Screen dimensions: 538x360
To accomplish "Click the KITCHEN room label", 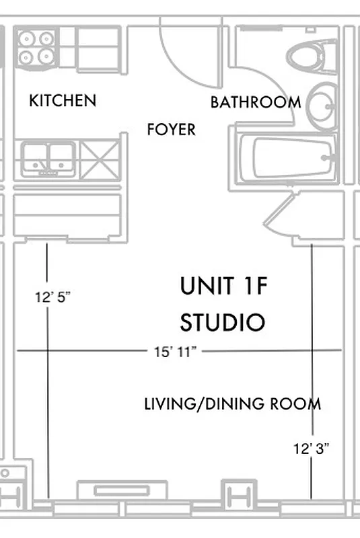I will [x=63, y=101].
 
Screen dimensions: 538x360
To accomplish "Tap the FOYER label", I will [x=171, y=129].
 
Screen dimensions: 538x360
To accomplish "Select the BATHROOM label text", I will [x=255, y=103].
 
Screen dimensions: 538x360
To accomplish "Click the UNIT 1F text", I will [x=223, y=286].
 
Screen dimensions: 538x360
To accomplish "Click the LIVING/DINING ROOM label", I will [x=232, y=404].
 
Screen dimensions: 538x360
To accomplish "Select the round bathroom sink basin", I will [x=322, y=106].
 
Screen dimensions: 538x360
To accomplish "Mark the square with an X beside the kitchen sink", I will [x=99, y=159].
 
